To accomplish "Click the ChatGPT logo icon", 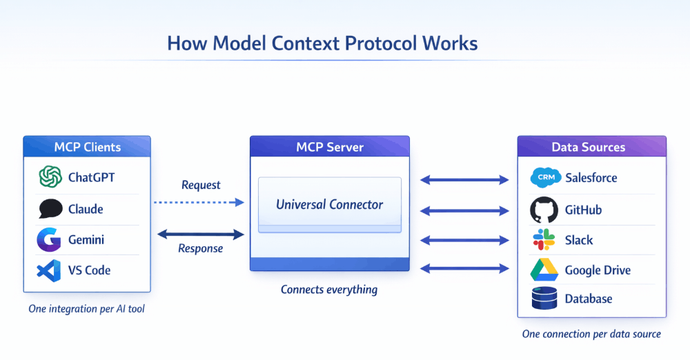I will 50,177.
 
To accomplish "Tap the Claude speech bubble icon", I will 50,209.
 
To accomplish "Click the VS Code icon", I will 50,270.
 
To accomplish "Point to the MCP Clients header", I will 87,147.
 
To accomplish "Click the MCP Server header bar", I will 329,147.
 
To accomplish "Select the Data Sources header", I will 591,147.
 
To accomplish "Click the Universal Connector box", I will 329,204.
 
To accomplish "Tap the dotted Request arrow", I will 198,202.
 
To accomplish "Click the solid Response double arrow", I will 200,234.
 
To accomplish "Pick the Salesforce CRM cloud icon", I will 545,178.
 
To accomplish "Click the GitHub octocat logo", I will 544,210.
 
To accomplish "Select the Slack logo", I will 544,240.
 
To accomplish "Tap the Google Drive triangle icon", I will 544,270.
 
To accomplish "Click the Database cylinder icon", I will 544,299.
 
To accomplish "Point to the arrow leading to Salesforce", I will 464,180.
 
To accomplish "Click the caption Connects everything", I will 329,290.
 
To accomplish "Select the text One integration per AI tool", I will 87,309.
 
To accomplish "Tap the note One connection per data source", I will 591,334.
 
